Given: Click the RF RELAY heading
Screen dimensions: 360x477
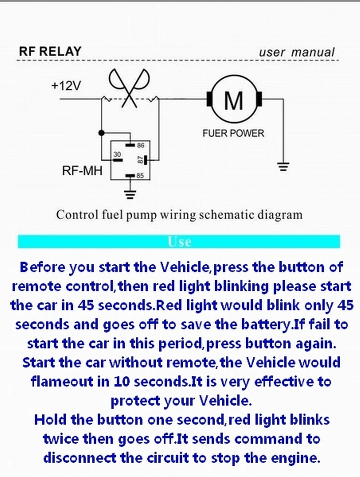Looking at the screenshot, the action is (x=50, y=51).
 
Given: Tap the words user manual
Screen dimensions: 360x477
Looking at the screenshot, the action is (x=297, y=52).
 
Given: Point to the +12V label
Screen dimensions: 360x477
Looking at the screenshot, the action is (x=66, y=86).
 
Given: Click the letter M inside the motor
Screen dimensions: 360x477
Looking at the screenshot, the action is (x=234, y=100).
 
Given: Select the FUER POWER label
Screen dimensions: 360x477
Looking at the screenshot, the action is (x=233, y=133).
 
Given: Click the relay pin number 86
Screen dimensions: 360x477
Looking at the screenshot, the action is (x=140, y=145).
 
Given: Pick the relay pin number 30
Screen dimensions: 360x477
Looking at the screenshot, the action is (x=117, y=155).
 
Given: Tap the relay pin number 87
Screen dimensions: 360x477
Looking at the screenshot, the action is (x=140, y=160).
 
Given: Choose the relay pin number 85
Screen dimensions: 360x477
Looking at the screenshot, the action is (x=140, y=175).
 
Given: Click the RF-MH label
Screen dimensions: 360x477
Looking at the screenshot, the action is (x=82, y=171).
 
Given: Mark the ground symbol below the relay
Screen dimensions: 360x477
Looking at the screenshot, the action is (x=130, y=194).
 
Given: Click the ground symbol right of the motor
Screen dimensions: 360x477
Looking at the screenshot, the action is (x=283, y=167).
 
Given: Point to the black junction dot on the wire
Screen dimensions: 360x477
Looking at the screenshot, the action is (x=102, y=133).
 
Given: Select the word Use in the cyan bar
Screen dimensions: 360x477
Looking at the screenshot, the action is (x=180, y=242).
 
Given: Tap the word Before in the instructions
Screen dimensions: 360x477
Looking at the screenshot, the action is (x=42, y=267).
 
